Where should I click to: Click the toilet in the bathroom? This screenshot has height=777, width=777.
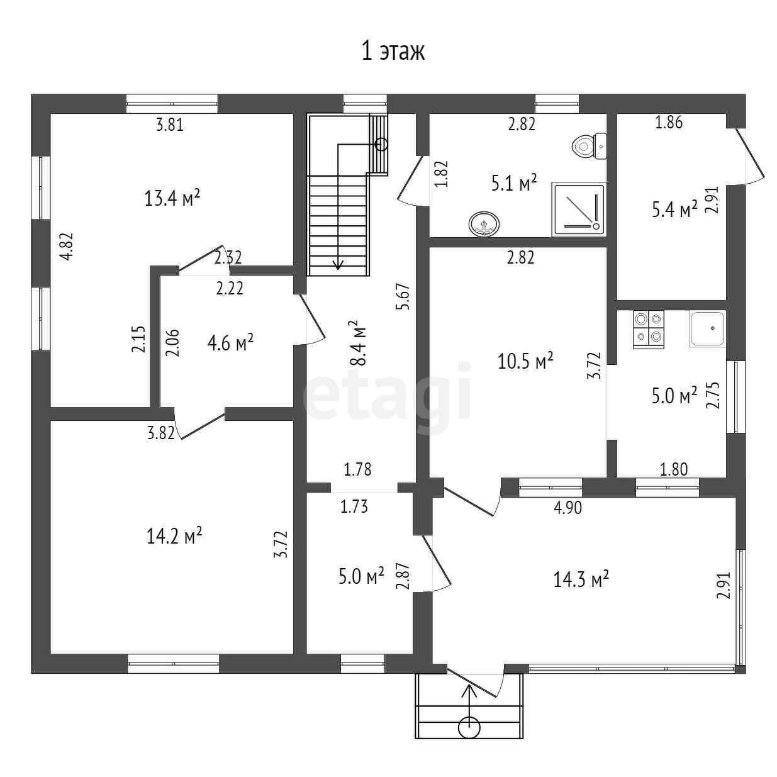(x=588, y=146)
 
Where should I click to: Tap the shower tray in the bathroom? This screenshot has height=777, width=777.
(x=578, y=210)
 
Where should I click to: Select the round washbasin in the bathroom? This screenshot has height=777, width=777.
(x=483, y=223)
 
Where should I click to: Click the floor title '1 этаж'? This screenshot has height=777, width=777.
(x=393, y=51)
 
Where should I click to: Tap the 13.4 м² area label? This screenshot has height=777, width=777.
(x=172, y=199)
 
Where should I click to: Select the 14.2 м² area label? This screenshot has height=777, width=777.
(x=174, y=536)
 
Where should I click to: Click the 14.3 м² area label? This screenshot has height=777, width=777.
(x=581, y=579)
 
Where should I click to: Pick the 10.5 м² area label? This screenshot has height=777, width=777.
(x=525, y=362)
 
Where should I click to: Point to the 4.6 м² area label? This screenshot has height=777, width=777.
(x=230, y=343)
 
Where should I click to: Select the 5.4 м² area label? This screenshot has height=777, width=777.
(x=674, y=209)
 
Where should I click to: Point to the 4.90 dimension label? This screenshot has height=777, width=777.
(x=567, y=508)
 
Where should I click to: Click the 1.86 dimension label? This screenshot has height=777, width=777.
(x=669, y=123)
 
